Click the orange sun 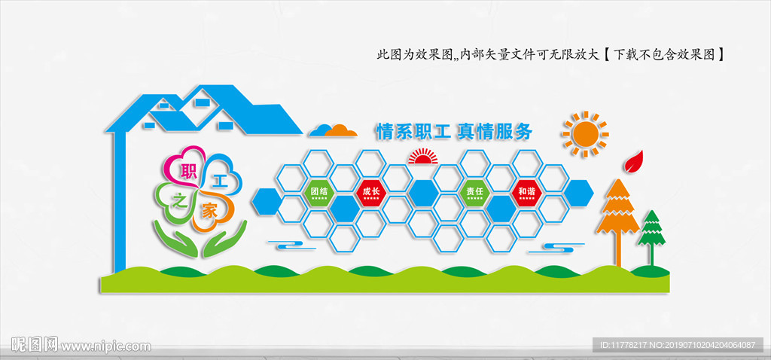pyautogui.click(x=584, y=134)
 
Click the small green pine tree pyautogui.click(x=651, y=230)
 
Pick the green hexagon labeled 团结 pyautogui.click(x=319, y=191)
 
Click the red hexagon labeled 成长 pyautogui.click(x=371, y=191)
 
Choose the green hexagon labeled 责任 pyautogui.click(x=474, y=191)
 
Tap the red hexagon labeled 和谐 pyautogui.click(x=526, y=191)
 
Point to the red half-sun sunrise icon pyautogui.click(x=422, y=157)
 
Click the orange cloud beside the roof pyautogui.click(x=334, y=130)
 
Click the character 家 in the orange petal pyautogui.click(x=209, y=212)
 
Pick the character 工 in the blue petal pyautogui.click(x=219, y=181)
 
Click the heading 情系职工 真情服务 pyautogui.click(x=454, y=132)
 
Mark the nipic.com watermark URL pyautogui.click(x=105, y=346)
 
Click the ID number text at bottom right pyautogui.click(x=677, y=345)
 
